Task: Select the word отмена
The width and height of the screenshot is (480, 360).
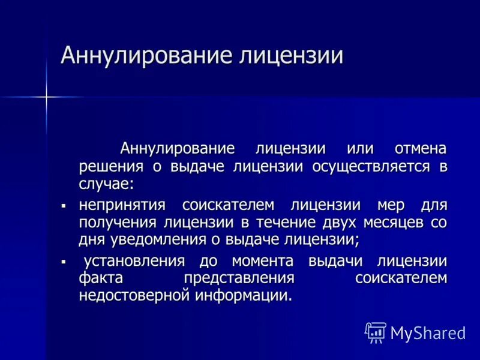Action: pyautogui.click(x=421, y=149)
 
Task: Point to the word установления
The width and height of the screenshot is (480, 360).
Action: pyautogui.click(x=133, y=262)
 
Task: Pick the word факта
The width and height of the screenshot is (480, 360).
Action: pyautogui.click(x=100, y=278)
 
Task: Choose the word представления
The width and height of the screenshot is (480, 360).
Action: pyautogui.click(x=239, y=278)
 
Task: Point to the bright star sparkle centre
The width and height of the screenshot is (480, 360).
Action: pyautogui.click(x=46, y=96)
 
